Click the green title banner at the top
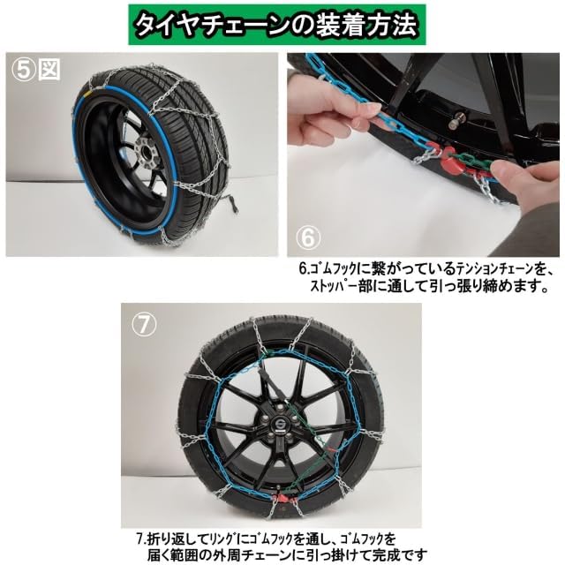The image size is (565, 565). (x=282, y=26)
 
